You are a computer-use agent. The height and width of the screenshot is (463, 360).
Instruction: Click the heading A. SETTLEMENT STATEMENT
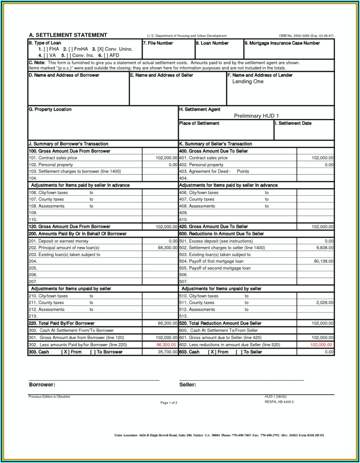(x=68, y=35)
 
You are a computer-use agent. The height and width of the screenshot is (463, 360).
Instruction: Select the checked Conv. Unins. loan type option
(x=112, y=49)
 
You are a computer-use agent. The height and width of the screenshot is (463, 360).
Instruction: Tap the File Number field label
(x=158, y=43)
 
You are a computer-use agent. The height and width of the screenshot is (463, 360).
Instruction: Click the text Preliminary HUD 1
(x=256, y=116)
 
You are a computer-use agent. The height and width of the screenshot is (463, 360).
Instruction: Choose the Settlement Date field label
(x=293, y=123)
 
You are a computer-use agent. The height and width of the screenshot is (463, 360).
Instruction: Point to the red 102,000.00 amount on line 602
(x=321, y=345)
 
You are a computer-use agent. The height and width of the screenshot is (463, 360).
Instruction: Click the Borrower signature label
(x=42, y=384)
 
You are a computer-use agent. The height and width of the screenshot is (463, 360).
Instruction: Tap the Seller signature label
(x=187, y=384)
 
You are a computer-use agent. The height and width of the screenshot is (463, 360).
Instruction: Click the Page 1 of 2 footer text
(x=169, y=403)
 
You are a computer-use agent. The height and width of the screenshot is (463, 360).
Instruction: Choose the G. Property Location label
(x=50, y=109)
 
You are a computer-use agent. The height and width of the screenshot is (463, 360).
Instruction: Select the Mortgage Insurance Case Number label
(x=282, y=43)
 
